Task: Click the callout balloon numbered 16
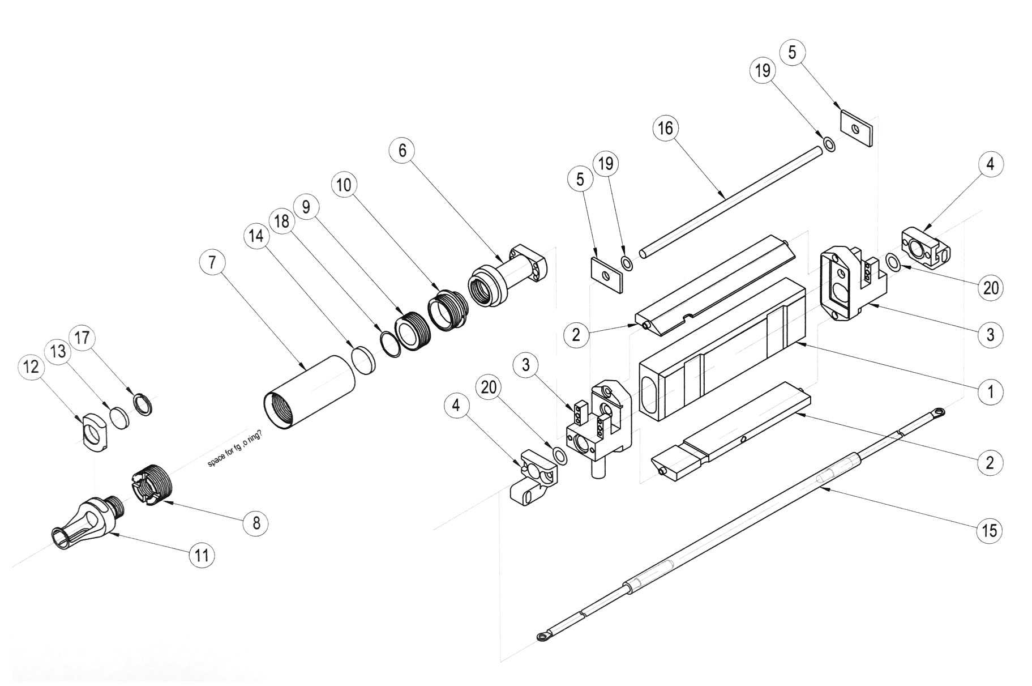pyautogui.click(x=666, y=129)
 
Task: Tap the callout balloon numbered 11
pyautogui.click(x=202, y=555)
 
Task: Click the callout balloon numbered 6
pyautogui.click(x=402, y=150)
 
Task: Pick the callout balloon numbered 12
pyautogui.click(x=31, y=367)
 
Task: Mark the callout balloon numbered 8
pyautogui.click(x=256, y=523)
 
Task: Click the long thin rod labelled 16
pyautogui.click(x=730, y=199)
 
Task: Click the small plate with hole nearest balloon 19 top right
pyautogui.click(x=856, y=128)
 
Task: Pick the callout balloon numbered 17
pyautogui.click(x=82, y=338)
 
